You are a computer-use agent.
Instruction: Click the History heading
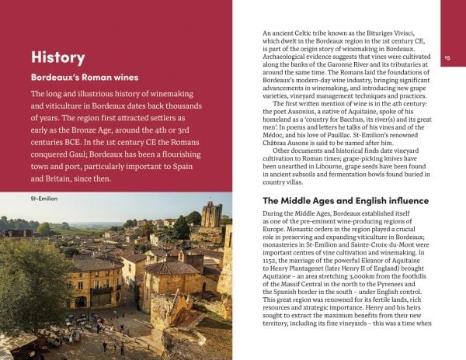tap(58, 57)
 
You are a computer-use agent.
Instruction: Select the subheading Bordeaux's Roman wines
tap(84, 78)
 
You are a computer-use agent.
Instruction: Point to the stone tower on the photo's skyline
tap(210, 215)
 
